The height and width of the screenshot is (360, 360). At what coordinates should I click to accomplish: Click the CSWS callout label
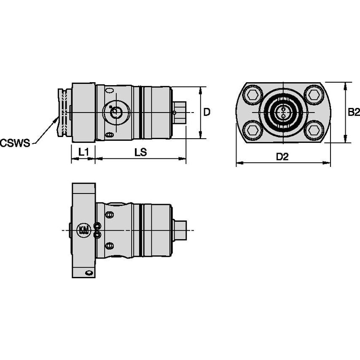[15, 142]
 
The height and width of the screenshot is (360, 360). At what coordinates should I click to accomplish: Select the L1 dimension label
[83, 152]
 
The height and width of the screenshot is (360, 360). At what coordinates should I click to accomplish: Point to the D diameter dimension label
[207, 112]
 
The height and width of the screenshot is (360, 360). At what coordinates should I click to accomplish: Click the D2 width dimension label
[282, 157]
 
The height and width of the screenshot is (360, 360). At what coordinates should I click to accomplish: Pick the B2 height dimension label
[353, 112]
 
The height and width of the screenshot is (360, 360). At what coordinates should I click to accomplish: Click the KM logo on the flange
[83, 230]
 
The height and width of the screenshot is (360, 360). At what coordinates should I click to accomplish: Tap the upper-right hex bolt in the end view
[313, 95]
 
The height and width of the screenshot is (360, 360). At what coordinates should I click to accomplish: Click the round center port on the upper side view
[115, 113]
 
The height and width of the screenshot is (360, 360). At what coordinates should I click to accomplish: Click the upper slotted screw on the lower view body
[110, 215]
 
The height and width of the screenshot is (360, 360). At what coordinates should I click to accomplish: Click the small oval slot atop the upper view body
[110, 91]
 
